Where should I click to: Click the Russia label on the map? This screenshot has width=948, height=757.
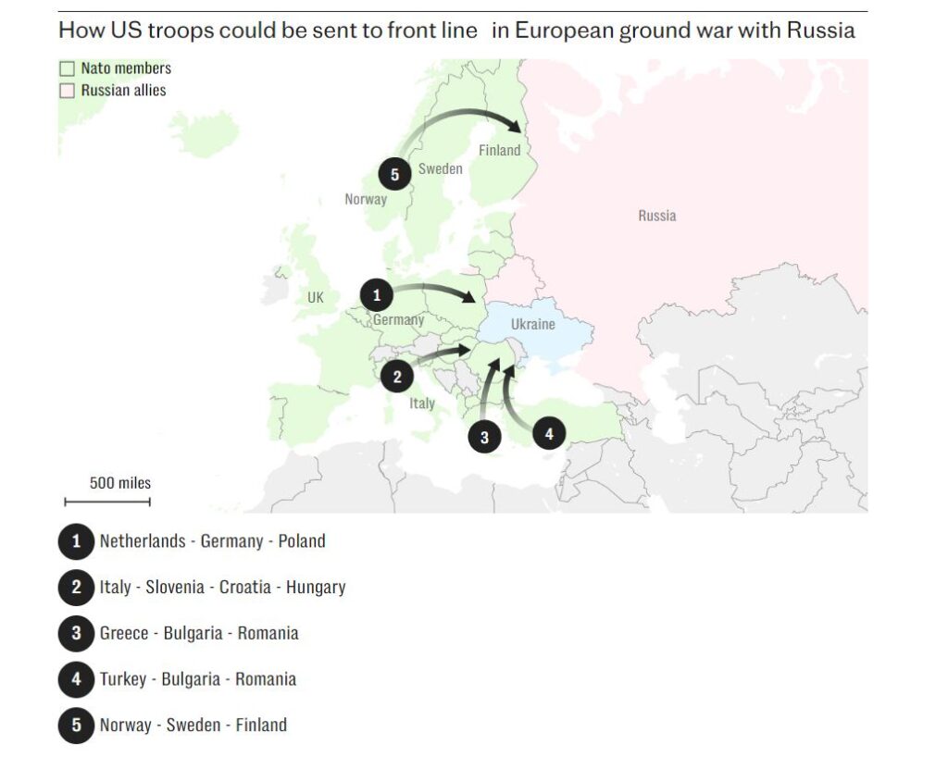[656, 216]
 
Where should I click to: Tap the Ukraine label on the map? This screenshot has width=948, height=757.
[532, 324]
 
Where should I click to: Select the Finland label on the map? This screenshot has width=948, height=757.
[499, 150]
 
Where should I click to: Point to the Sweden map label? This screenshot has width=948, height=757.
[440, 168]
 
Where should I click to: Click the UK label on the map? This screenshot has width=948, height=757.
[316, 298]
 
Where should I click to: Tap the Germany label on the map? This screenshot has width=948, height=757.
[398, 319]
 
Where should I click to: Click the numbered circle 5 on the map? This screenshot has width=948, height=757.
[394, 174]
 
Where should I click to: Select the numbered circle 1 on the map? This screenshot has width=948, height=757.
[376, 296]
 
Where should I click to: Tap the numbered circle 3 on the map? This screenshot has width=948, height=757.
[484, 436]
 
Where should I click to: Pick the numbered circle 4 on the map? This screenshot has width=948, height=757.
[549, 432]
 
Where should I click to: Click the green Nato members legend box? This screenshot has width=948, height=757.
[67, 68]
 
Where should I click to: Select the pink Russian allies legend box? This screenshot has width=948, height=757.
[67, 91]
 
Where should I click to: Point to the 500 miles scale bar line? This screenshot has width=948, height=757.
[107, 502]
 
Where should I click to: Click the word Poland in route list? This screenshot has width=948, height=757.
[302, 540]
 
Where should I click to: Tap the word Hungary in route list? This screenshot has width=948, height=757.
[316, 587]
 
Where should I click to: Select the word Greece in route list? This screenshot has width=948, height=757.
[124, 633]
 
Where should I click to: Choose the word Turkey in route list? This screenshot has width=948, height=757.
[123, 679]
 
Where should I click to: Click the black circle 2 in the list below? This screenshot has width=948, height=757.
[76, 587]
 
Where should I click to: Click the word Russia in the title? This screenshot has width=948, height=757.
[820, 30]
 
